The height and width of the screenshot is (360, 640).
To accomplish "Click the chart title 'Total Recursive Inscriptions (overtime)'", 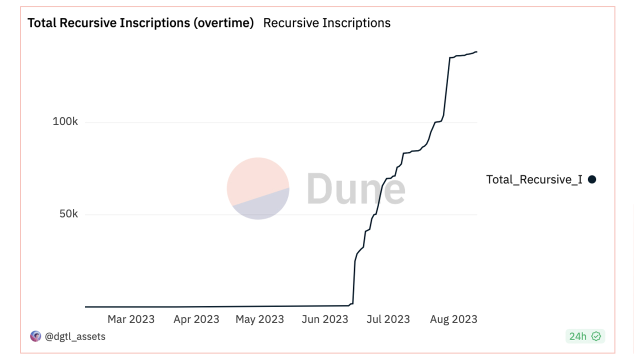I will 140,23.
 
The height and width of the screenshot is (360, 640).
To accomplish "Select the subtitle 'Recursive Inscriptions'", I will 326,23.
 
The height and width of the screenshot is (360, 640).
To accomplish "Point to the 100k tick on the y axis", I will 65,121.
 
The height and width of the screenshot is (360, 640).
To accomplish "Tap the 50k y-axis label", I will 68,214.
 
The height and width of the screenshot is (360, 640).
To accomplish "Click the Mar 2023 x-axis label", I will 131,319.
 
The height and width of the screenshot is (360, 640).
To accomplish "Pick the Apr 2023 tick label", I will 196,319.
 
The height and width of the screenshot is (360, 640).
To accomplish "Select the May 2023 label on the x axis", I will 259,319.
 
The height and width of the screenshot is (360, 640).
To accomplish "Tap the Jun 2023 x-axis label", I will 325,319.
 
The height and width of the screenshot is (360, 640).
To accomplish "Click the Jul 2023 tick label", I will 388,319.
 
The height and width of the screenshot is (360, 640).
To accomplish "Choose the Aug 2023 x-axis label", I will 453,319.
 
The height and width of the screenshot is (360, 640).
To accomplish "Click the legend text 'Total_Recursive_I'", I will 534,179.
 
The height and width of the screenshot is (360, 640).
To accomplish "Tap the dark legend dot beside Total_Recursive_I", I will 592,179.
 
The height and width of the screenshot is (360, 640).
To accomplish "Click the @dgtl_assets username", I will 75,336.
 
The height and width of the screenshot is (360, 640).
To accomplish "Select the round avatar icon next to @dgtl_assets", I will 35,336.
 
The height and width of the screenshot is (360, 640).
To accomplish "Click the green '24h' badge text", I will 577,336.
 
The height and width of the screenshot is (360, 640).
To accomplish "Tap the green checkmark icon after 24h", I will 596,336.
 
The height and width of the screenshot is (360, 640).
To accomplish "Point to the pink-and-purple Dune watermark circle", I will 258,188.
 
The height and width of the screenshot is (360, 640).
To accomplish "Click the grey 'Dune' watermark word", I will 355,188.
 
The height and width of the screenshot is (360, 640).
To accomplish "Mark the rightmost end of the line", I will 477,51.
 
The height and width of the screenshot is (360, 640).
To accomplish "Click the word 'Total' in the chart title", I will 42,23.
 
